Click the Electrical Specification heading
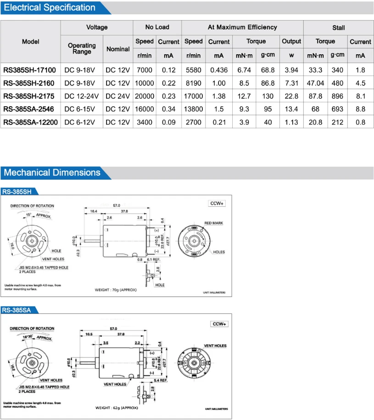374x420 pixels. [50, 8]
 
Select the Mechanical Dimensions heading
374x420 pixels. [52, 173]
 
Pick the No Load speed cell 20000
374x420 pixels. [144, 96]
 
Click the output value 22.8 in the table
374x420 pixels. [291, 96]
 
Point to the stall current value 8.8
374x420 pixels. [360, 109]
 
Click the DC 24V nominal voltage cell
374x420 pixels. [118, 96]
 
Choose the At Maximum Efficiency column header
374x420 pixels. [242, 27]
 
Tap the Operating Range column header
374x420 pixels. [82, 48]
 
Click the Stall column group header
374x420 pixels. [338, 28]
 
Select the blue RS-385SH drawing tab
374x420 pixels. [17, 192]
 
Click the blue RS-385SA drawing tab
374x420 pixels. [17, 310]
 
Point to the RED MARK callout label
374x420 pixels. [213, 223]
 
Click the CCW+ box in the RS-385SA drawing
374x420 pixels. [219, 324]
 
